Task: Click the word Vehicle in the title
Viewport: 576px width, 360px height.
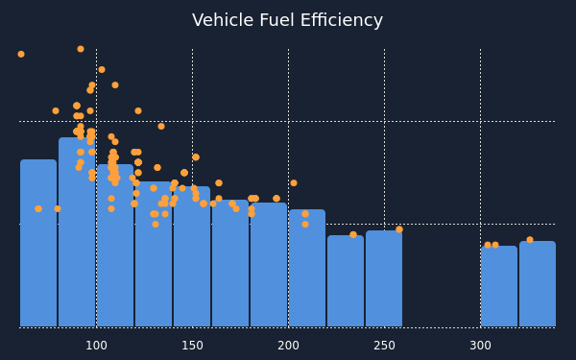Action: point(223,20)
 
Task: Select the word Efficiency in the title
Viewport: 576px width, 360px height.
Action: point(342,21)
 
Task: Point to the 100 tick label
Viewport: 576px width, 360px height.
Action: point(96,346)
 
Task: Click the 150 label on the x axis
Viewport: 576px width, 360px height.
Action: point(193,346)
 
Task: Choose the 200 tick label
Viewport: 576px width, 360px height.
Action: point(288,346)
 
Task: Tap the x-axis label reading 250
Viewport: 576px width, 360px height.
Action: point(385,346)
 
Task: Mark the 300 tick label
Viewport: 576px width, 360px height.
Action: point(481,346)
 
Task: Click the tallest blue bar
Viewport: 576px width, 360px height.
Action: point(77,232)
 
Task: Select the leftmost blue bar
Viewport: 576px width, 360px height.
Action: point(38,243)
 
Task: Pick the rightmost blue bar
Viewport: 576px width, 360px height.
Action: point(538,284)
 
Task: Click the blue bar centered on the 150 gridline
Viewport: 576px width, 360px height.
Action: point(192,256)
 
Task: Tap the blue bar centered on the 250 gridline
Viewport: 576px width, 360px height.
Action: point(384,278)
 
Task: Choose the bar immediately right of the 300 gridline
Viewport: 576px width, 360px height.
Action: point(499,286)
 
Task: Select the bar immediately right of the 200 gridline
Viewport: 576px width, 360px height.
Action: point(307,268)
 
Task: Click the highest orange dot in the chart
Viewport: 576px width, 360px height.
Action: point(81,49)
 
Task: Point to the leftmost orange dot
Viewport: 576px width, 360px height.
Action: point(21,54)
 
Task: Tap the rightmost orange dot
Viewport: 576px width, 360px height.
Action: point(530,239)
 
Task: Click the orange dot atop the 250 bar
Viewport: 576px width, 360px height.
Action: point(399,229)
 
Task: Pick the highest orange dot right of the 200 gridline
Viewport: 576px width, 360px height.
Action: point(294,182)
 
